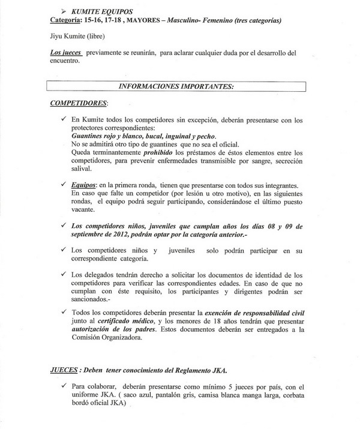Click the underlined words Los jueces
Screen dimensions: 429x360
tap(66, 53)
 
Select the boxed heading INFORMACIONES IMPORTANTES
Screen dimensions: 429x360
tap(176, 86)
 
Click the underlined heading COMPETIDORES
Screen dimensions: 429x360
tap(78, 103)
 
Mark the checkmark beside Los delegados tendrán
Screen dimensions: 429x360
tap(64, 274)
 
